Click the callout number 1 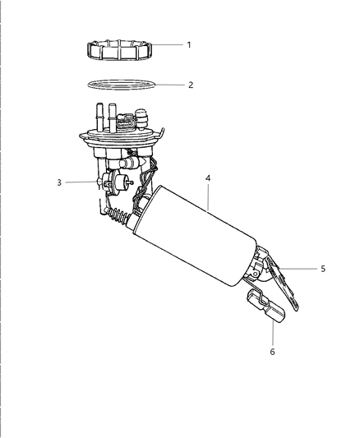188,44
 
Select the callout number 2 190,85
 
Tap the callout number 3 60,182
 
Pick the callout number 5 323,268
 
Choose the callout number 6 273,352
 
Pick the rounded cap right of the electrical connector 143,120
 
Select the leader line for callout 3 81,182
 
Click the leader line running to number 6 271,332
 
